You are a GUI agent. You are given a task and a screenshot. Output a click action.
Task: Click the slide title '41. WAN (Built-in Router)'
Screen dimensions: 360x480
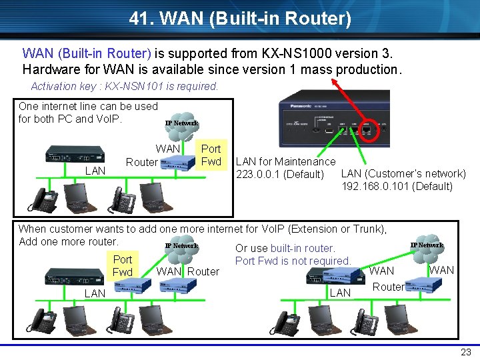[x=240, y=18]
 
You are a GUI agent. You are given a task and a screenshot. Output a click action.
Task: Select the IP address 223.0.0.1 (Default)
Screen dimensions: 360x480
[x=279, y=175]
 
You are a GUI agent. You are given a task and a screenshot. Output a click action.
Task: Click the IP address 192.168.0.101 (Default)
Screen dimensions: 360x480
[x=397, y=186]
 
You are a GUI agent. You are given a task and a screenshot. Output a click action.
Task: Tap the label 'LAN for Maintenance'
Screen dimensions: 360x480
[x=285, y=161]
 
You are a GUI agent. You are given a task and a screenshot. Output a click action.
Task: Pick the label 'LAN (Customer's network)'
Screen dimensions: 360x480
[x=403, y=174]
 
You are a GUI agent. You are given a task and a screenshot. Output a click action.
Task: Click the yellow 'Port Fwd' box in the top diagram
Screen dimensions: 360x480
[x=211, y=155]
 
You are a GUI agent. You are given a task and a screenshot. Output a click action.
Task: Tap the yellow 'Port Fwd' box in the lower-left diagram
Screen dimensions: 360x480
[x=123, y=265]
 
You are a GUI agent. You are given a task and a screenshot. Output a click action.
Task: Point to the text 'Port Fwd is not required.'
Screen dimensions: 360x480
[x=293, y=261]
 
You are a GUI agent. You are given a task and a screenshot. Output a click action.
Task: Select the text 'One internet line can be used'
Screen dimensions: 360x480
[x=88, y=106]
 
